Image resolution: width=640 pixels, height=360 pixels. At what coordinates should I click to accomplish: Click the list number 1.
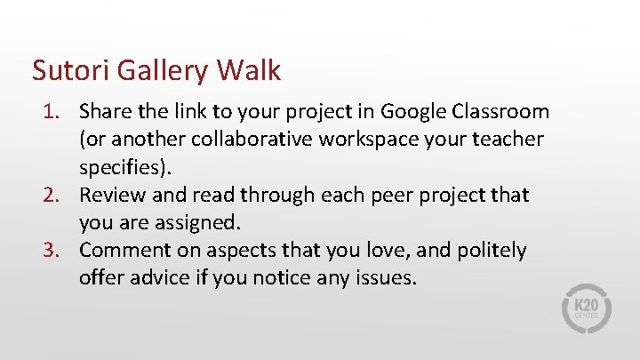click(x=52, y=112)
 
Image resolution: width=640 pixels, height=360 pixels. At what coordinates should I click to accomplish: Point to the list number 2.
click(x=52, y=195)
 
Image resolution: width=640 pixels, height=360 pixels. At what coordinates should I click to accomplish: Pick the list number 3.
click(x=52, y=251)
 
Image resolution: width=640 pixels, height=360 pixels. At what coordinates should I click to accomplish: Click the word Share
click(x=105, y=112)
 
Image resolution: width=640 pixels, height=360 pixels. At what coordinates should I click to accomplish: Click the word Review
click(x=109, y=195)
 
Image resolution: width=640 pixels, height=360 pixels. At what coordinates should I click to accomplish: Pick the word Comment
click(x=120, y=251)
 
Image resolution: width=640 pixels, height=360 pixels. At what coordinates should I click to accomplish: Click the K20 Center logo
click(x=585, y=308)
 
